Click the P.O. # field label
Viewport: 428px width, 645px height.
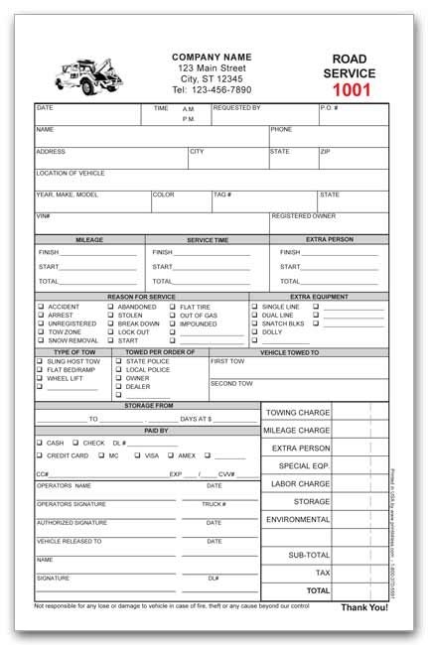pos(330,107)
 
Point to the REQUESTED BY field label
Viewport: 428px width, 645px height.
pos(236,107)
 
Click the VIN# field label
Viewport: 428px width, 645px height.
pos(43,215)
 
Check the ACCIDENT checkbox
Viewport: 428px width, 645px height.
pos(41,308)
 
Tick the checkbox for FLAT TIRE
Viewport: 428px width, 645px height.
pos(173,308)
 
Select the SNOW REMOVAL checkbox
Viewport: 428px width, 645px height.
pos(41,340)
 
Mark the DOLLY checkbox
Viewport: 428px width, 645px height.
pos(254,332)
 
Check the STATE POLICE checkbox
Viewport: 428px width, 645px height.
pos(119,361)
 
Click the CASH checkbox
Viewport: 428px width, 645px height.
pos(40,443)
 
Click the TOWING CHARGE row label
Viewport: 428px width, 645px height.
pos(296,412)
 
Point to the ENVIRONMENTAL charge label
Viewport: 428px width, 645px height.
pos(298,519)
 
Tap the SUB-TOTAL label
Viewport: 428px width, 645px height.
pos(309,555)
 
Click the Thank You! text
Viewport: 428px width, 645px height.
pos(363,607)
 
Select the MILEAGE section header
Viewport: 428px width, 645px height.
pos(89,240)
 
